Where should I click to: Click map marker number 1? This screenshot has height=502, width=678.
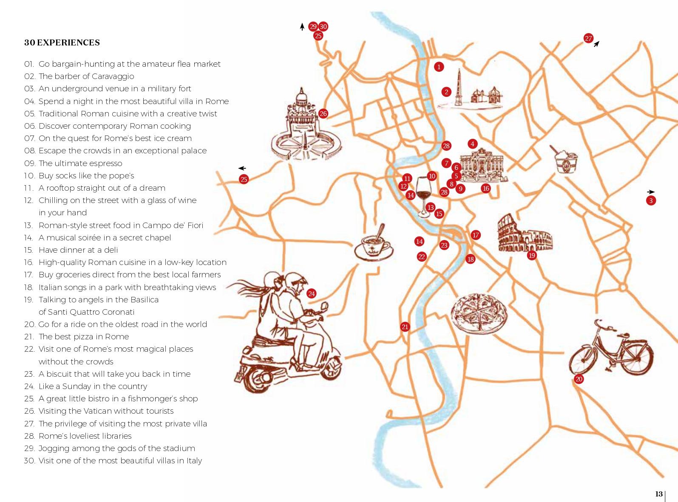(x=439, y=67)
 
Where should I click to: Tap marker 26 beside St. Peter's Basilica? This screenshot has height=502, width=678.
(x=323, y=114)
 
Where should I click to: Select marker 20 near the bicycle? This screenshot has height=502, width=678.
(x=579, y=379)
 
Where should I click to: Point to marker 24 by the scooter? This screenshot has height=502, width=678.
(x=312, y=293)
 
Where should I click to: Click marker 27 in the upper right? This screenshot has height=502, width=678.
(x=588, y=39)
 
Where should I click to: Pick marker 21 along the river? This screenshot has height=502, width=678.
(x=405, y=327)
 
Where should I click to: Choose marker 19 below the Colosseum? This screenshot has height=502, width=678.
(x=532, y=255)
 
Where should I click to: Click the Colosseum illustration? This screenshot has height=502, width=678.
(x=525, y=233)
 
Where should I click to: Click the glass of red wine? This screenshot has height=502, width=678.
(x=423, y=197)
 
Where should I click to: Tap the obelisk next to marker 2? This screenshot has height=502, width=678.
(x=459, y=87)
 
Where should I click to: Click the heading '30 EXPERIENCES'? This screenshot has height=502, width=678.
(x=62, y=42)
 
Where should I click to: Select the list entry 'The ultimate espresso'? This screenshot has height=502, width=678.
(x=80, y=164)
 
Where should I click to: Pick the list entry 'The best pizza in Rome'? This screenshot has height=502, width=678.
(x=83, y=337)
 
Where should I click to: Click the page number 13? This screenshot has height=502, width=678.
(x=659, y=494)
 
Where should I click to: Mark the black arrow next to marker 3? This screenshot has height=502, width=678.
(x=650, y=192)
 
